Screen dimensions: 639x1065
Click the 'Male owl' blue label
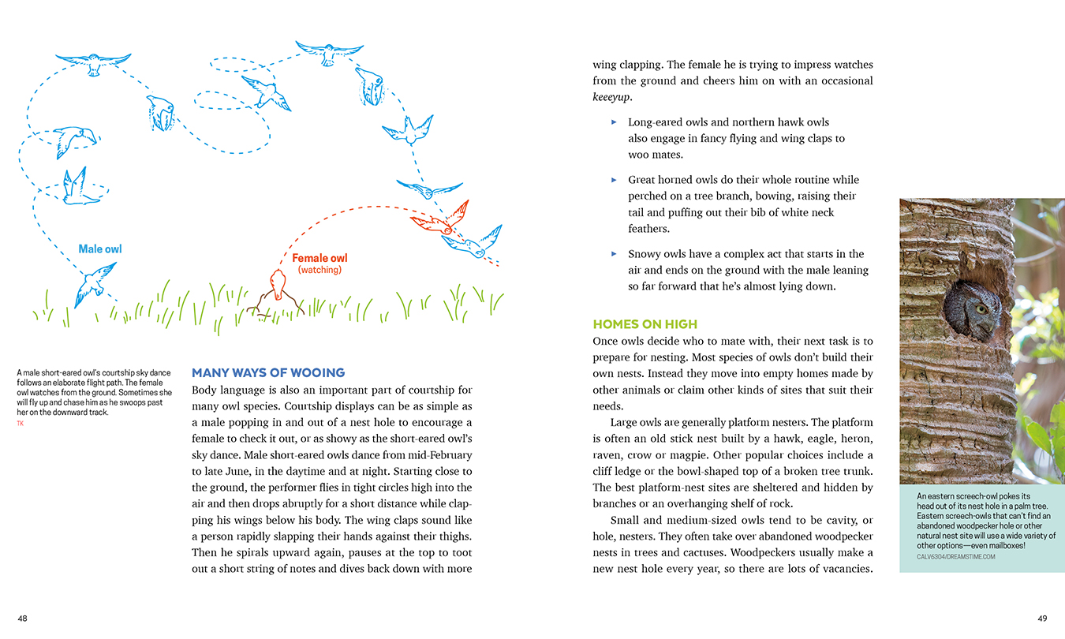pos(100,249)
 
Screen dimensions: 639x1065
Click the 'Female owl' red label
pos(319,258)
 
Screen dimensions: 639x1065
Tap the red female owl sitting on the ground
pos(277,285)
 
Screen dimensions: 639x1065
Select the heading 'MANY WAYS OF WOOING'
pos(268,372)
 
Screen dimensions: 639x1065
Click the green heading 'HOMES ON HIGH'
pos(645,324)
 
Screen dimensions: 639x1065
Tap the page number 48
pos(22,618)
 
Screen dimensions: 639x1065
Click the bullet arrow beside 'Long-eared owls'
pos(614,122)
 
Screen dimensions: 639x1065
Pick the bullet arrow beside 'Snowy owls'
pos(614,254)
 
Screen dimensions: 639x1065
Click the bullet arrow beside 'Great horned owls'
pos(614,180)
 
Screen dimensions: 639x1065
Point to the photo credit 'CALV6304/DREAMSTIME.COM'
pos(955,556)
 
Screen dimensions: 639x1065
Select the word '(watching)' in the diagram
pos(319,270)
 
